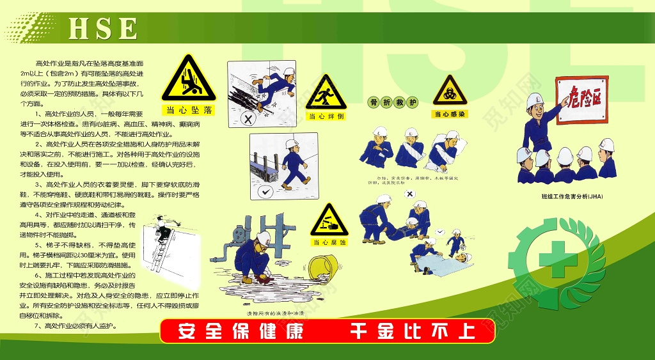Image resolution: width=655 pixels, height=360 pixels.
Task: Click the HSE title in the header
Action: coord(102,28)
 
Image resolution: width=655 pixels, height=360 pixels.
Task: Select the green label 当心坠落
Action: coord(188,109)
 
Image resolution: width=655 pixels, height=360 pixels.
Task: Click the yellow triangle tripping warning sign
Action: coord(326,94)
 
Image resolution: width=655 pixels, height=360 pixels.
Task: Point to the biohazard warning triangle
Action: coord(450,92)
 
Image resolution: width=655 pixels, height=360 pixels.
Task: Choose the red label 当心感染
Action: coord(450,114)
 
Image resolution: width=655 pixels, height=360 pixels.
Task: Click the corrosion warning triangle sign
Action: coord(329,221)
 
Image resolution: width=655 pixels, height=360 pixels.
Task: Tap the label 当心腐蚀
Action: coord(329,242)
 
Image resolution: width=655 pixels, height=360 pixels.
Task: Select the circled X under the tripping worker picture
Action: coord(248,118)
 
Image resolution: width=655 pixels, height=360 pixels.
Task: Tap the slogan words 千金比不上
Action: coord(412,332)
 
